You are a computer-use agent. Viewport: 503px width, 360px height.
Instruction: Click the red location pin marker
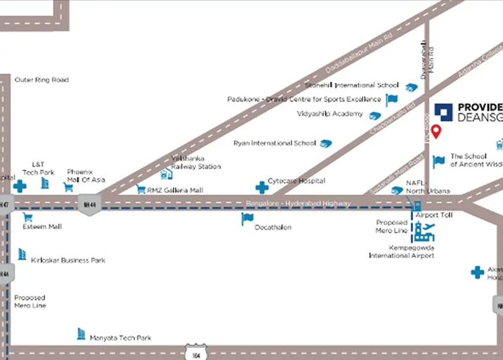(x=436, y=131)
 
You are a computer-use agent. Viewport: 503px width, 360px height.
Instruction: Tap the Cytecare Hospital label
(x=296, y=181)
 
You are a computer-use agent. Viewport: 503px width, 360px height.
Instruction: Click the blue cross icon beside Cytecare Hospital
(x=261, y=187)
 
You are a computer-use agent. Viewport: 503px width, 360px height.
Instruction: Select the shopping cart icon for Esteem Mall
(x=28, y=217)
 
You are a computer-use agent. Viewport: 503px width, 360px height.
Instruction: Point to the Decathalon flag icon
(x=247, y=219)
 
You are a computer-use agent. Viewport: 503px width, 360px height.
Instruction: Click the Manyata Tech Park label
(x=120, y=337)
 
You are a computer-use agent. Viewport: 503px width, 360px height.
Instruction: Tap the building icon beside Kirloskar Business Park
(x=22, y=254)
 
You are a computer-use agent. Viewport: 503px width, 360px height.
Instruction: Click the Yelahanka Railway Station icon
(x=166, y=172)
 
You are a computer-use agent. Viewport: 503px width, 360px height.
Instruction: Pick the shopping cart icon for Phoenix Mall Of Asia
(x=68, y=187)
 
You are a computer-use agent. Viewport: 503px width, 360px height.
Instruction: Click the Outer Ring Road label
(x=42, y=80)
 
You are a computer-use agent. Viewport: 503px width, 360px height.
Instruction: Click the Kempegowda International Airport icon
(x=423, y=231)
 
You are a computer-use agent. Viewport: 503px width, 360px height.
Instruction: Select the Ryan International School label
(x=275, y=143)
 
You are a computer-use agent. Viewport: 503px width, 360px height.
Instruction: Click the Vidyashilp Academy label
(x=330, y=114)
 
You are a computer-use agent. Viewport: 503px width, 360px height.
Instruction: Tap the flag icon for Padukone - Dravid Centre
(x=392, y=100)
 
